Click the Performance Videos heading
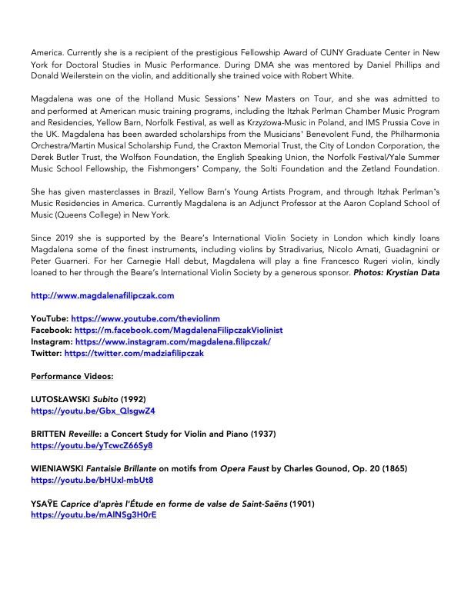72,376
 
